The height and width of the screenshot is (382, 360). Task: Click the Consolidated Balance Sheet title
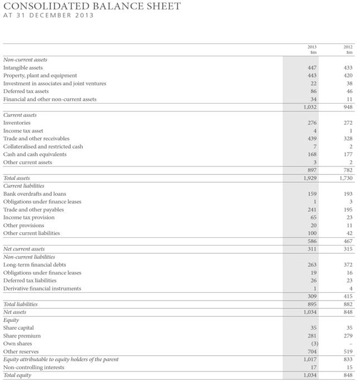(92, 6)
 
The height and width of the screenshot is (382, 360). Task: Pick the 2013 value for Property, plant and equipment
(312, 75)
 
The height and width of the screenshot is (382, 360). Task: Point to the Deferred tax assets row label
(26, 91)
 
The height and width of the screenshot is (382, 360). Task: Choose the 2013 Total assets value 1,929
(309, 178)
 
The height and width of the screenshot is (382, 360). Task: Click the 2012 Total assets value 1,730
(345, 178)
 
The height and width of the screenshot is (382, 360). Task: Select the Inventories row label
(17, 123)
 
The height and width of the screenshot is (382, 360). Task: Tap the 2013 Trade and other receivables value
(312, 138)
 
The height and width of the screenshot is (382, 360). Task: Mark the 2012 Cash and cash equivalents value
(348, 154)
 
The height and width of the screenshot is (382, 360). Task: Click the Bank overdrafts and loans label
(35, 194)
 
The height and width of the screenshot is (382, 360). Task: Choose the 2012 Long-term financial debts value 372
(348, 265)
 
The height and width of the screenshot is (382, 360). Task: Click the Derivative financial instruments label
(42, 288)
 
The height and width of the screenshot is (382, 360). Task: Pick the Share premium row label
(22, 336)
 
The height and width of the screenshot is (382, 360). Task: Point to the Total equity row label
(18, 375)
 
